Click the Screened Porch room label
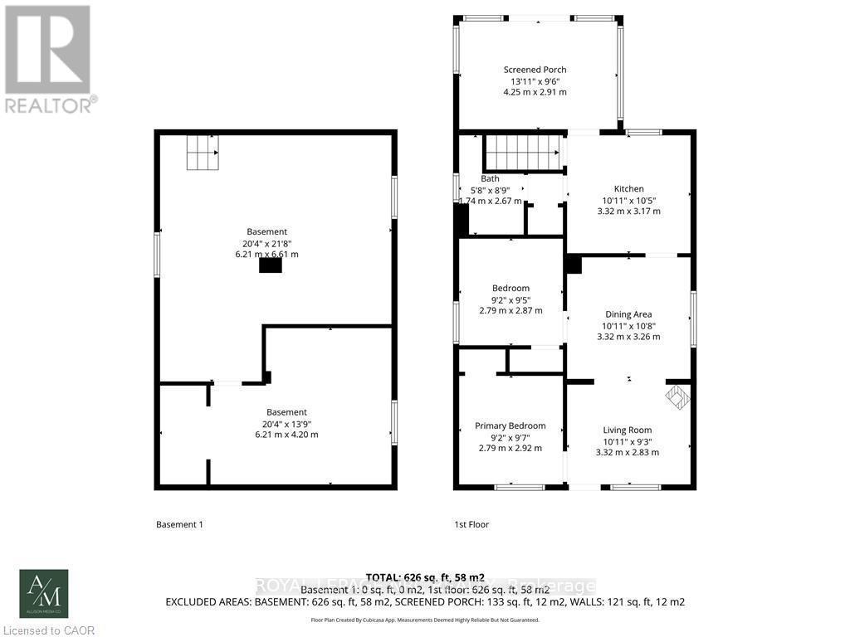pyautogui.click(x=535, y=70)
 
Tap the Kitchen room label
pyautogui.click(x=628, y=188)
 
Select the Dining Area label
pyautogui.click(x=628, y=314)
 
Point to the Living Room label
pyautogui.click(x=628, y=430)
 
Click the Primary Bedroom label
pyautogui.click(x=510, y=425)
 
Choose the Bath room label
pyautogui.click(x=490, y=178)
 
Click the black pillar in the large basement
pyautogui.click(x=270, y=265)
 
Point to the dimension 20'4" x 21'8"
pyautogui.click(x=266, y=243)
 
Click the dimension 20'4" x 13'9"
pyautogui.click(x=286, y=423)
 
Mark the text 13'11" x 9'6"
pyautogui.click(x=535, y=81)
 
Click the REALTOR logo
pyautogui.click(x=50, y=58)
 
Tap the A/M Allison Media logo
pyautogui.click(x=44, y=593)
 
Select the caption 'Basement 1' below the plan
pyautogui.click(x=179, y=524)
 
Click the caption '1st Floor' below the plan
pyautogui.click(x=471, y=524)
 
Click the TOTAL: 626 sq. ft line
pyautogui.click(x=424, y=577)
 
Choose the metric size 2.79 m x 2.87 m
pyautogui.click(x=510, y=310)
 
